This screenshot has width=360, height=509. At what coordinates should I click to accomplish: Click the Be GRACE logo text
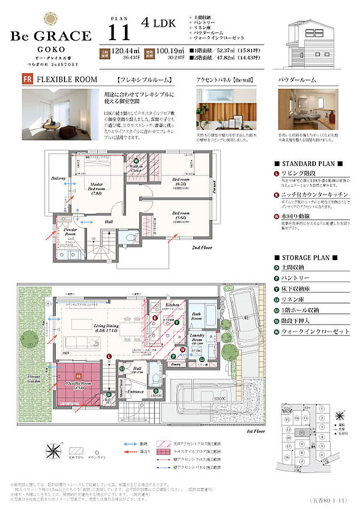click(51, 36)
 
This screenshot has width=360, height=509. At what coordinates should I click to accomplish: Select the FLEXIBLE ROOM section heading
click(62, 79)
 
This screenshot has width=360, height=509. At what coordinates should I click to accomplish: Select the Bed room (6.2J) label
click(181, 183)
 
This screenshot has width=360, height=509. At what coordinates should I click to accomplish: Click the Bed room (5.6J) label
click(181, 216)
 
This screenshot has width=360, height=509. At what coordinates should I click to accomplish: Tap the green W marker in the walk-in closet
click(136, 161)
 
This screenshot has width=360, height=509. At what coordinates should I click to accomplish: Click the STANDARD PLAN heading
click(308, 164)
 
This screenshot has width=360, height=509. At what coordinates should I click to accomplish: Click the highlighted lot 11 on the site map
click(301, 432)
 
